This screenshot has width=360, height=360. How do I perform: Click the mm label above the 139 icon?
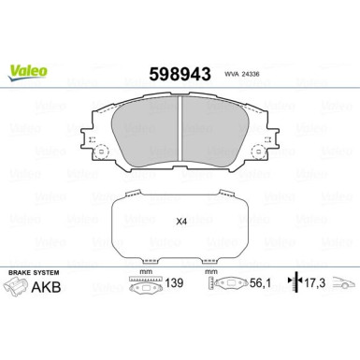(x=144, y=272)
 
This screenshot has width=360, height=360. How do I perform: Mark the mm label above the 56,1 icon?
(x=211, y=272)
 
